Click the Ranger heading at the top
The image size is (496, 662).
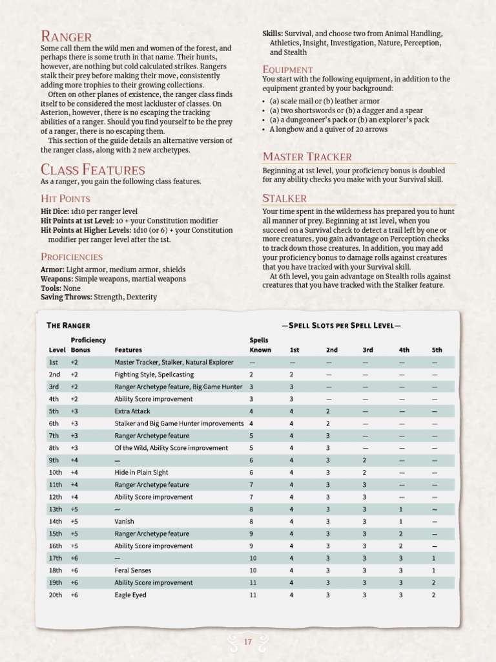[66, 36]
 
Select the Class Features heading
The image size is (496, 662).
[92, 169]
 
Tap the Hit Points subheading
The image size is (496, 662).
[65, 198]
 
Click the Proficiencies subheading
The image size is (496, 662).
[72, 257]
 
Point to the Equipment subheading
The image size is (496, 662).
[287, 69]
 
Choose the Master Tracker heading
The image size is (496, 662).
[307, 156]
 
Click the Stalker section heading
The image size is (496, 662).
[284, 198]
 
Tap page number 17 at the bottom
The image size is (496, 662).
[248, 641]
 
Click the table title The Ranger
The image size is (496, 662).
[68, 325]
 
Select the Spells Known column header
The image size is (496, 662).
[260, 345]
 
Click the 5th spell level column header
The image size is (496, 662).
[437, 350]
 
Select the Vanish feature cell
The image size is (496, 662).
[125, 521]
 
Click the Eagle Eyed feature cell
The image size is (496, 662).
[130, 595]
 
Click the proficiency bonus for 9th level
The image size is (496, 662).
[74, 460]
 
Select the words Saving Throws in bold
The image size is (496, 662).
[66, 297]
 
